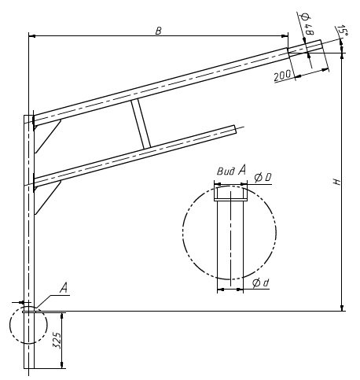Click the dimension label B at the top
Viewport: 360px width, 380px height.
(x=159, y=31)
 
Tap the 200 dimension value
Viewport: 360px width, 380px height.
(x=282, y=76)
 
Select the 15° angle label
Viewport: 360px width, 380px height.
(x=343, y=30)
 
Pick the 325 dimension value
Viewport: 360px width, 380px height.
(x=57, y=340)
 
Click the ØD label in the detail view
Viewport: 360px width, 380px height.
(x=263, y=178)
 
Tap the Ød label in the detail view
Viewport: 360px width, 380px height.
(x=260, y=282)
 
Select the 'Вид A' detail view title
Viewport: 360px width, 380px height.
(x=231, y=171)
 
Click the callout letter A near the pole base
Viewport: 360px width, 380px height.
(x=64, y=288)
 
